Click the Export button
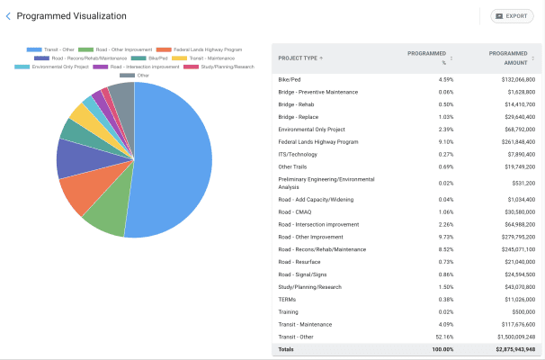click(512, 16)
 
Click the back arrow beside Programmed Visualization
click(8, 16)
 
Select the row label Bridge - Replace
click(299, 116)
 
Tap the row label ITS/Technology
click(298, 154)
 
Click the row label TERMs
click(288, 299)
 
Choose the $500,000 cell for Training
click(521, 311)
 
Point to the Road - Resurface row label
click(300, 261)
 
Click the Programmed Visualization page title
click(72, 16)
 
